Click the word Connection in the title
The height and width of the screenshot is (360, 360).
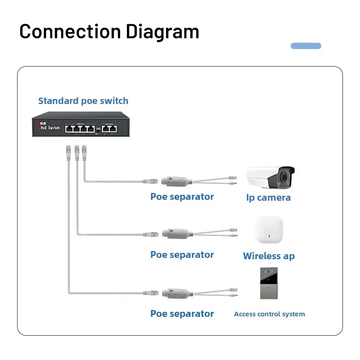[70, 31]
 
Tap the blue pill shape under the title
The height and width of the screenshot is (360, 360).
[306, 46]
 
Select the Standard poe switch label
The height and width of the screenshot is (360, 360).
[83, 101]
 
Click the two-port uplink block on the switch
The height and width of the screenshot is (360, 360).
[108, 128]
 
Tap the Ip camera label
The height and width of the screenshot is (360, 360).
[269, 198]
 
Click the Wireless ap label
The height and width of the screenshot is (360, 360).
[269, 256]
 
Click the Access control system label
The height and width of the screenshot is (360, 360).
[269, 314]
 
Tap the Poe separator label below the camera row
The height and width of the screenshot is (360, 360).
[182, 197]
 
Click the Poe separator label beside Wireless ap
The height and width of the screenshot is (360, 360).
[182, 255]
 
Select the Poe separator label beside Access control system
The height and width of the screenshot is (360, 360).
[182, 314]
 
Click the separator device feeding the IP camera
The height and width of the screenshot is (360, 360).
[176, 181]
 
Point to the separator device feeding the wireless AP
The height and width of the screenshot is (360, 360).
[176, 234]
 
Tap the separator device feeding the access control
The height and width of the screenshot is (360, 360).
[176, 293]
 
